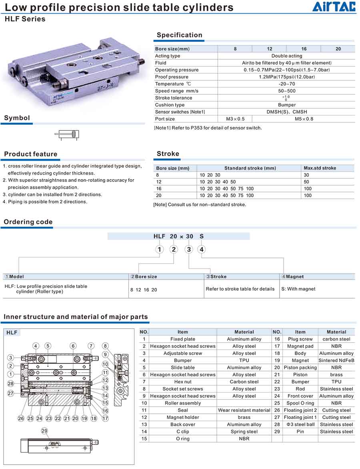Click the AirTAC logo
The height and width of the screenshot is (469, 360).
[334, 7]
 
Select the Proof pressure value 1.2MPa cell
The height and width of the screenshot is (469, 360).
[286, 77]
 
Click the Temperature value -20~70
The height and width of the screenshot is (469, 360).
[286, 84]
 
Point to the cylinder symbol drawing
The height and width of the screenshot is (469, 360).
[67, 134]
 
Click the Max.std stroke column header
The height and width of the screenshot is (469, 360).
[320, 168]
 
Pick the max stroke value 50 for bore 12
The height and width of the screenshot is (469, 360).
[307, 182]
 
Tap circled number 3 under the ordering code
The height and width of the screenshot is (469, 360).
[188, 249]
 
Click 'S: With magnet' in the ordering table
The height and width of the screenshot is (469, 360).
[298, 289]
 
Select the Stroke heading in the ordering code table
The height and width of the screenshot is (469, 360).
[218, 276]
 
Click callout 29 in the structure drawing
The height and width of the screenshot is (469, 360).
[44, 431]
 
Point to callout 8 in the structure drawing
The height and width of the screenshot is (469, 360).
[105, 346]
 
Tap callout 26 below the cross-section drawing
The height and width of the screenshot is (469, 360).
[21, 418]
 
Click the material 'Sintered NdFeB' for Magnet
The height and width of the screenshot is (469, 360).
[336, 360]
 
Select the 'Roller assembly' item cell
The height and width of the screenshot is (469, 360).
[183, 403]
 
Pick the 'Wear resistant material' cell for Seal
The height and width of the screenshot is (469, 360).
[244, 410]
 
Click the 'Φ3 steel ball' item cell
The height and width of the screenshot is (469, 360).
[300, 424]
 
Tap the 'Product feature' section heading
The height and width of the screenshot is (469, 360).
[31, 154]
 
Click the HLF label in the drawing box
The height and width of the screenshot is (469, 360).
[12, 333]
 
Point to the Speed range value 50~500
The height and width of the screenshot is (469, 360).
[286, 91]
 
